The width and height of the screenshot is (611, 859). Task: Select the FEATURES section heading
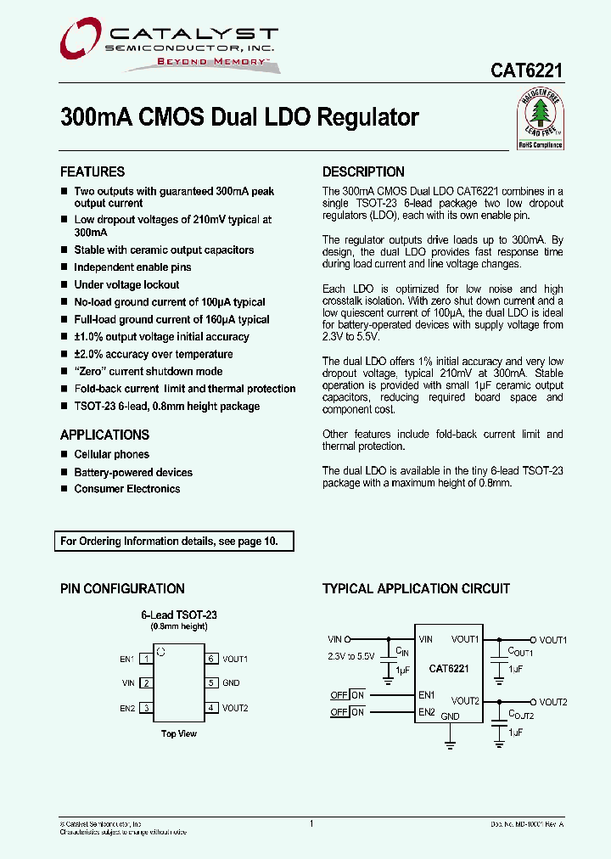click(x=92, y=171)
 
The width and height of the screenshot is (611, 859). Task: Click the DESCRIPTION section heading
click(x=363, y=171)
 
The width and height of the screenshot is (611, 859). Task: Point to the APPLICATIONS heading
click(x=104, y=435)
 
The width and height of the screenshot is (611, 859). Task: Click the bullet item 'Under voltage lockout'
click(x=126, y=285)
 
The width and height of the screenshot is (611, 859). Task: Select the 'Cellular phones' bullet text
click(x=111, y=455)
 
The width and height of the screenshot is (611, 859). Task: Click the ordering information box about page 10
click(x=175, y=541)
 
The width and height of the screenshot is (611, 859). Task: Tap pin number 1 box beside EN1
click(x=146, y=659)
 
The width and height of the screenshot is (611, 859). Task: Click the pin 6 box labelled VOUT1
click(x=210, y=659)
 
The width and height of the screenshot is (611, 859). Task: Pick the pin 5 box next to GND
click(x=210, y=682)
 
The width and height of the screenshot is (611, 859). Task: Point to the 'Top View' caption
click(x=179, y=733)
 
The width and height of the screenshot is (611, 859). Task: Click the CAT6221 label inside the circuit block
click(x=449, y=669)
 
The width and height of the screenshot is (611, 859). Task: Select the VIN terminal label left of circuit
click(x=334, y=639)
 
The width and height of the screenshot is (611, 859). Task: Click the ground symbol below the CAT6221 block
click(x=450, y=744)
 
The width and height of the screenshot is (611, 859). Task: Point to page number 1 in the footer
click(x=311, y=823)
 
